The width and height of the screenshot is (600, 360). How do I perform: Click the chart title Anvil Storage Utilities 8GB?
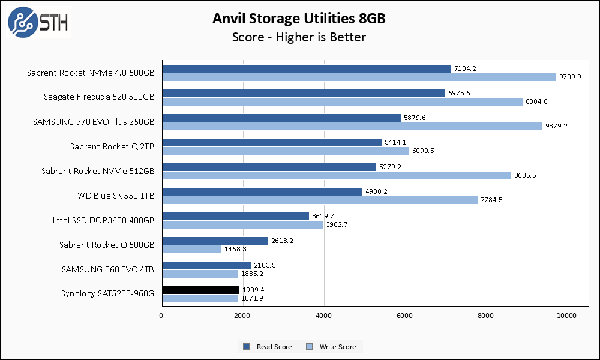(x=299, y=19)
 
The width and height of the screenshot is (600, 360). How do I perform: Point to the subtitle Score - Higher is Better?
(x=299, y=37)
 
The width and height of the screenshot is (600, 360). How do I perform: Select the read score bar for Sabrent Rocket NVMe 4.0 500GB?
(x=306, y=68)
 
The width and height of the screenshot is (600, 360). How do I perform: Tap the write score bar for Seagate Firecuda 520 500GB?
(x=342, y=101)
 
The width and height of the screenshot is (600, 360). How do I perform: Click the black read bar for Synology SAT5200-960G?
(x=200, y=290)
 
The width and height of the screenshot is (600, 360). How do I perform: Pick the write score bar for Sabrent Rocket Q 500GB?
(x=191, y=249)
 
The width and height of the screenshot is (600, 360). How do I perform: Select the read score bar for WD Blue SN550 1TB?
(x=262, y=191)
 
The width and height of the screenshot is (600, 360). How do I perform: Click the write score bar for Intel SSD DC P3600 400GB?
(x=242, y=224)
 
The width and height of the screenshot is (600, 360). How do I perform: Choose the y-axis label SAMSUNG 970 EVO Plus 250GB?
(x=94, y=122)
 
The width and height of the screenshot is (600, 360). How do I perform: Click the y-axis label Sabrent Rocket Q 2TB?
(x=112, y=146)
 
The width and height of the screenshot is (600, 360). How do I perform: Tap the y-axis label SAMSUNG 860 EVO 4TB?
(x=108, y=269)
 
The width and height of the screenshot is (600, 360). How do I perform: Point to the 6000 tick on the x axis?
(x=405, y=316)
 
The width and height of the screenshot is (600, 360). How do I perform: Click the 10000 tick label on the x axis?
(x=567, y=316)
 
